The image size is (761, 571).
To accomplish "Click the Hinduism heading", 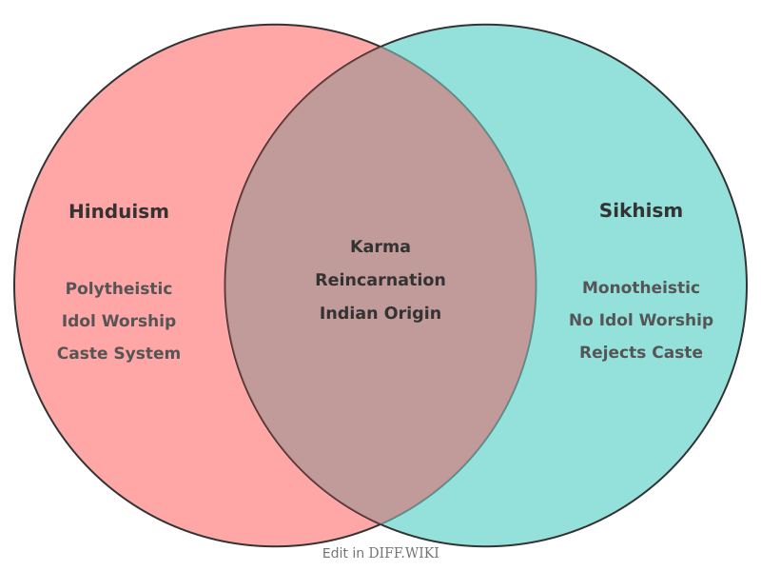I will coord(119,211).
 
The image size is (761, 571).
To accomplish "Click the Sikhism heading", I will coord(640,210).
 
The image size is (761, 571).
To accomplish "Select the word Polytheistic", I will coord(119,288).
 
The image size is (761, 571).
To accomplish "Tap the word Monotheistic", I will coord(640,287).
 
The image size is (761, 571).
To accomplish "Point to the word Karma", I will coord(380,246).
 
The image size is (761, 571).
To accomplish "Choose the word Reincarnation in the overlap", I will coord(380,280).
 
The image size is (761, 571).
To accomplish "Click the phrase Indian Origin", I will coord(380,313).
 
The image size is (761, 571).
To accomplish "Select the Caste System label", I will coord(119,353).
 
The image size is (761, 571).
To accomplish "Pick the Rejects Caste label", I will coord(640,352).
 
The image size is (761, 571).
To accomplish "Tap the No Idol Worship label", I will coord(640,320).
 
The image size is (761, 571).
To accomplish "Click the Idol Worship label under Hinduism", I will coord(119,321).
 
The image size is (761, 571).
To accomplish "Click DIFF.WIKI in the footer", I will coord(403,553).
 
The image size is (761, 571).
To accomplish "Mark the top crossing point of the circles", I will coord(380,46).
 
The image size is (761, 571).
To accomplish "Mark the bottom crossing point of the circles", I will coord(380,524).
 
